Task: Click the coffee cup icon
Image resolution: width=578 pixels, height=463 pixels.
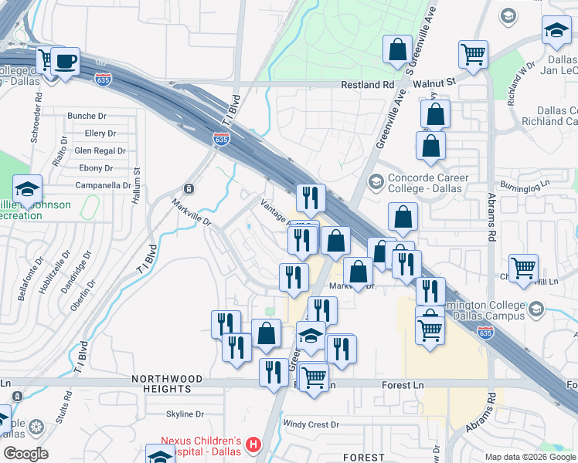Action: pyautogui.click(x=66, y=60)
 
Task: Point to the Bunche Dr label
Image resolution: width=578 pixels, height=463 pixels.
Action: pyautogui.click(x=82, y=116)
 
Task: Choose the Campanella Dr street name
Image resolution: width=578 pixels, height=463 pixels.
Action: pyautogui.click(x=103, y=185)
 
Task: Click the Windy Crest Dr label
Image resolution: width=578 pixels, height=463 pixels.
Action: pyautogui.click(x=311, y=424)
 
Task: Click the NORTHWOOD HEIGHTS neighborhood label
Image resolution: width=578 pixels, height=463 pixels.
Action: pyautogui.click(x=167, y=384)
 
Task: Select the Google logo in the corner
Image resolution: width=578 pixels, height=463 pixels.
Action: pyautogui.click(x=25, y=454)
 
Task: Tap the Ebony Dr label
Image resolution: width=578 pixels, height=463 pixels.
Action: pyautogui.click(x=96, y=168)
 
